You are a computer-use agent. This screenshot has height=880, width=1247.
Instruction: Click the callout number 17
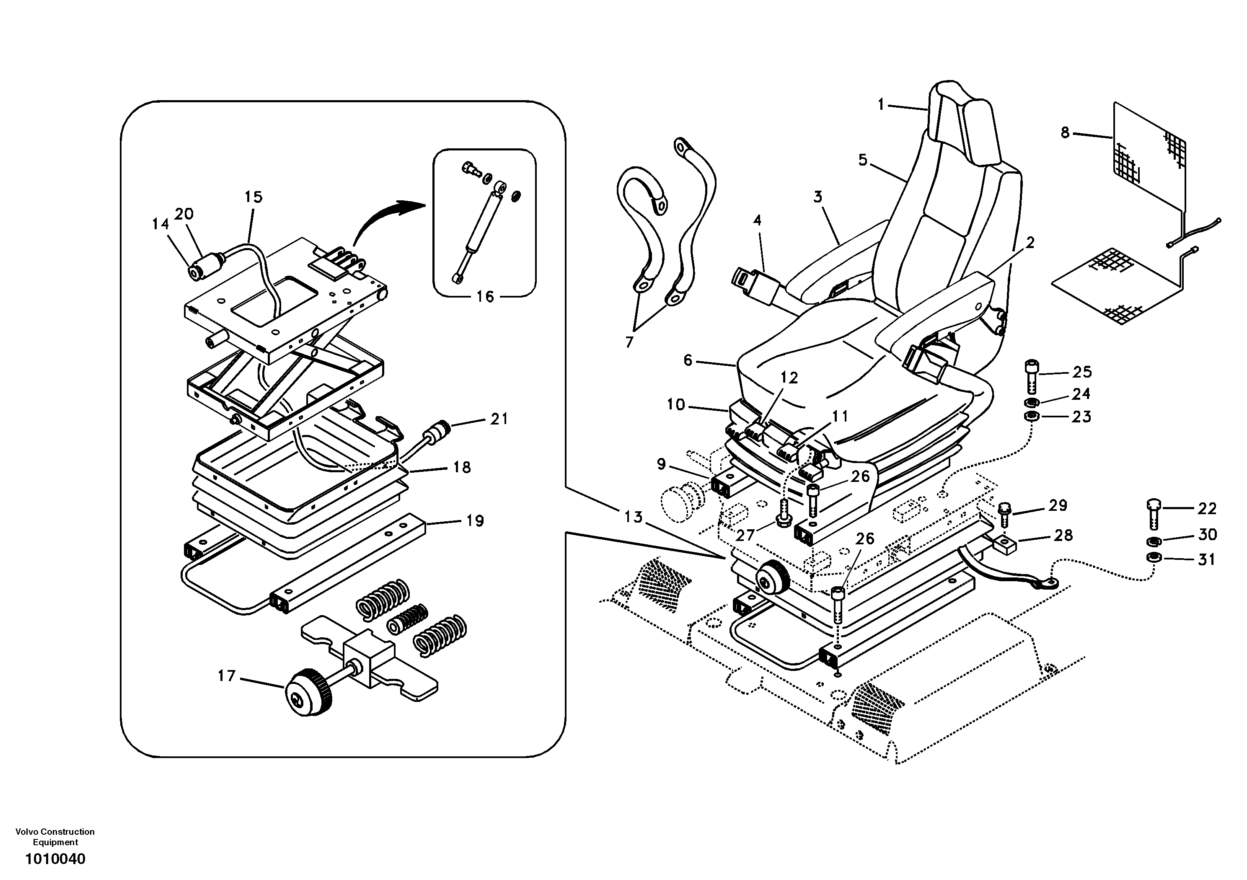coord(227,676)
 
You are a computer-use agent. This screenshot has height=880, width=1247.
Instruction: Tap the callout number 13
coord(633,517)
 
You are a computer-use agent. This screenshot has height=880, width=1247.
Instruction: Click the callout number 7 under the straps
coord(629,342)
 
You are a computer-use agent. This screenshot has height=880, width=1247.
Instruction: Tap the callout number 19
coord(475,520)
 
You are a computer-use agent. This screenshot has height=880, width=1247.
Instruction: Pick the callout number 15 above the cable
coord(254,197)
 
